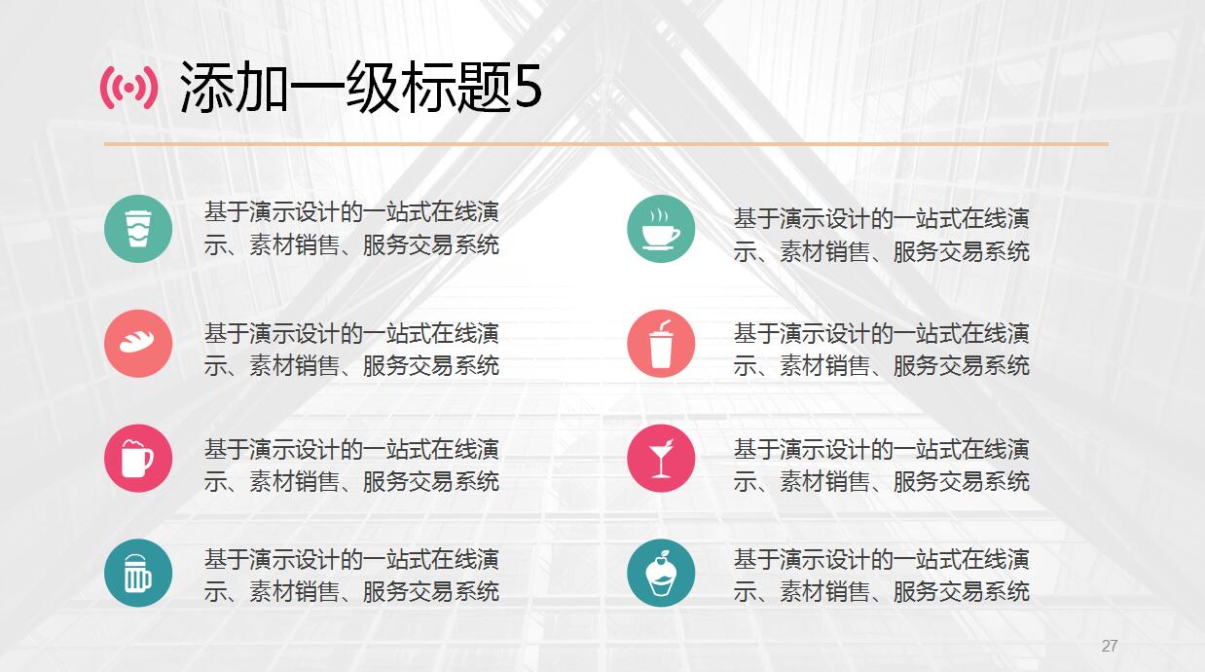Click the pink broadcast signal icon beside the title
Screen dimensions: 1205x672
tap(129, 88)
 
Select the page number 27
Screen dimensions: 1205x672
tap(1110, 646)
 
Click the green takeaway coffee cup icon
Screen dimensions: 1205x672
tap(138, 229)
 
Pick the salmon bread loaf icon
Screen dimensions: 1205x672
tap(138, 344)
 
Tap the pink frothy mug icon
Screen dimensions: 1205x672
tap(138, 459)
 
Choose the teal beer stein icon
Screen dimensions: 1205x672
tap(138, 573)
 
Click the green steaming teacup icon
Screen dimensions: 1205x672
tap(661, 229)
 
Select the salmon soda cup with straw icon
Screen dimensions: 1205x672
tap(661, 344)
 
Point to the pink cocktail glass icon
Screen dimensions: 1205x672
tap(661, 459)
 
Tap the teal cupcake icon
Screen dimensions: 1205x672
tap(661, 573)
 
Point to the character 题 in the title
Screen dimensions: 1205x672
tap(483, 88)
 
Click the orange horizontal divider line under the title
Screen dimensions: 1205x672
tap(606, 144)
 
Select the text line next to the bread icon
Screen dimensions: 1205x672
tap(351, 350)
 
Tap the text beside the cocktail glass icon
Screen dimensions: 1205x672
tap(882, 466)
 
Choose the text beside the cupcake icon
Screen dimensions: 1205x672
tap(882, 576)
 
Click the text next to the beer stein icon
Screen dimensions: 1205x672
tap(351, 576)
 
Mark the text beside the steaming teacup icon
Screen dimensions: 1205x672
tap(882, 236)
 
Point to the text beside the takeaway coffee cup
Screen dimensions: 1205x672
tap(351, 229)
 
